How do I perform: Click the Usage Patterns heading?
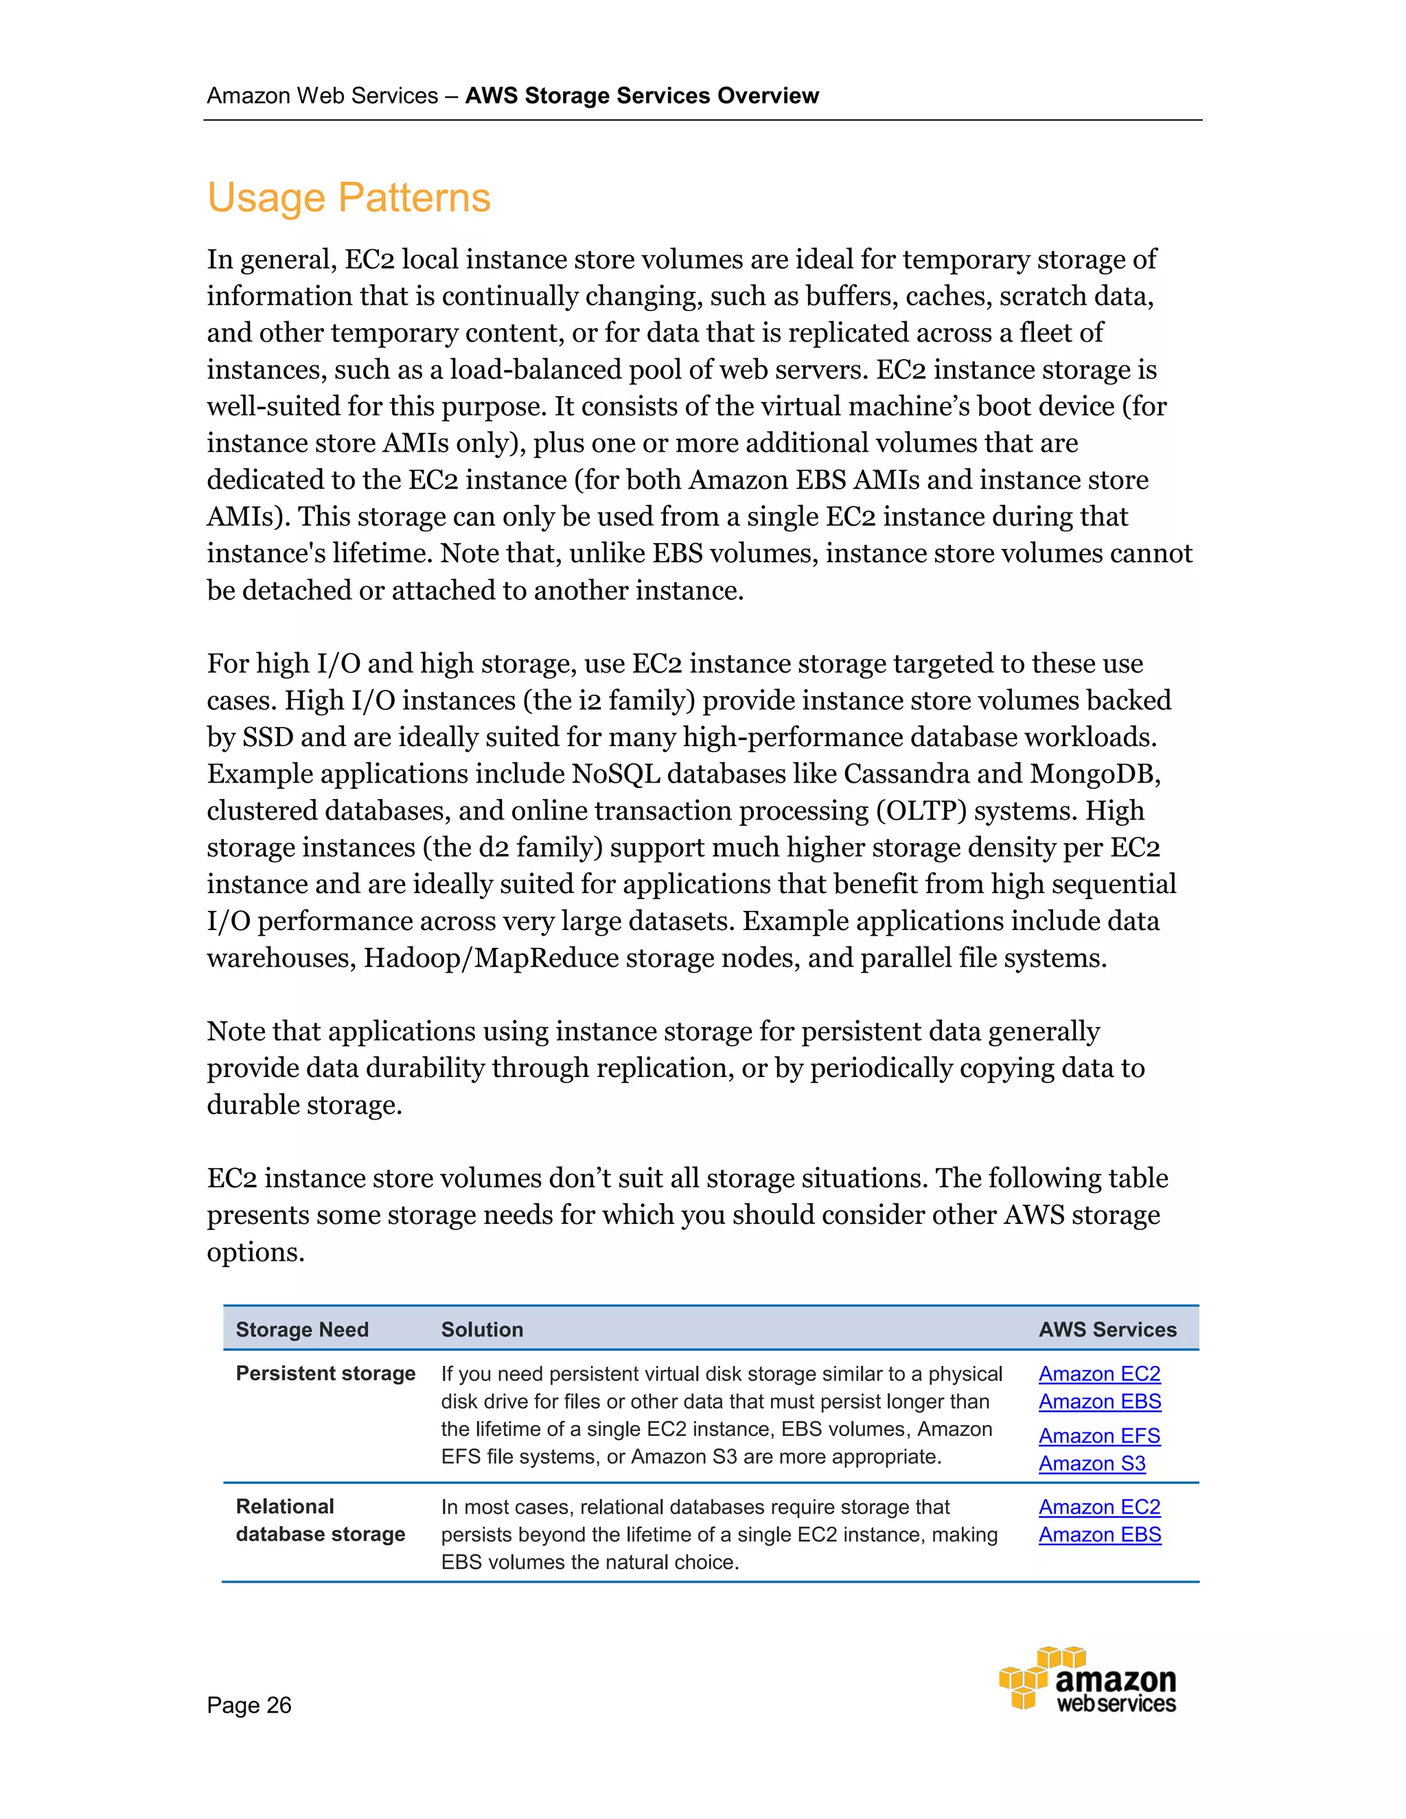point(348,198)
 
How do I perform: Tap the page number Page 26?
point(249,1705)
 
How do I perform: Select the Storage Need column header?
point(301,1330)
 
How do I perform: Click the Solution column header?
point(481,1330)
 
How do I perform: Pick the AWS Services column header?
point(1107,1330)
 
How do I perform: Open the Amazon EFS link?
point(1098,1436)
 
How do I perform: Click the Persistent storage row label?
point(325,1374)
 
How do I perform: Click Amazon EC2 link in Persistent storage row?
point(1098,1374)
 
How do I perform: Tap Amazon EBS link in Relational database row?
point(1098,1534)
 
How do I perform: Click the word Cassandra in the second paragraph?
point(906,774)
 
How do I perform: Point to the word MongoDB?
point(1094,774)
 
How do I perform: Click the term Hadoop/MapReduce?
point(491,958)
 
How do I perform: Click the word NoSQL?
point(616,774)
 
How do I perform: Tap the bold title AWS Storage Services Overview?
point(641,96)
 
